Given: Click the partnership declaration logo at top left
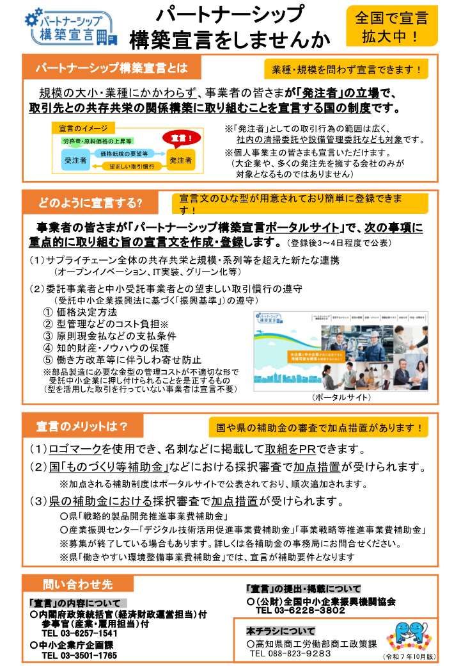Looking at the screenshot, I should coord(71,28).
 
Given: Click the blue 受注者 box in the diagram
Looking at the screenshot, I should coord(75,160).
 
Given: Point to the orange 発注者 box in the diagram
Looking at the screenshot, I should coord(180,160).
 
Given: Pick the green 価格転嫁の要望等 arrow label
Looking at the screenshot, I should coord(124,154).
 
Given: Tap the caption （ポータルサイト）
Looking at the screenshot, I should coord(341,398).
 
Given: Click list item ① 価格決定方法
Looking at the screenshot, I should coord(80,312).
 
